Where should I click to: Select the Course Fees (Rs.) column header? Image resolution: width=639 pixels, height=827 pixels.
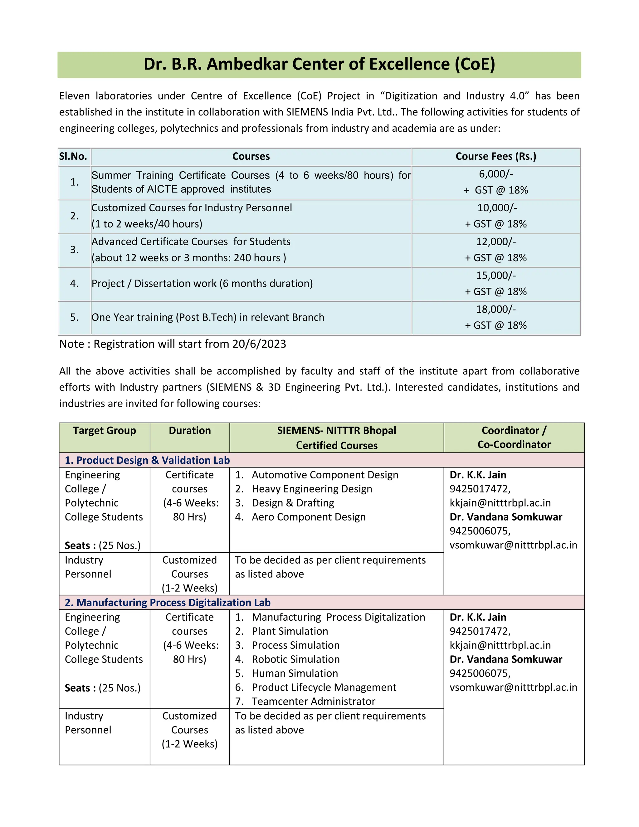pyautogui.click(x=495, y=156)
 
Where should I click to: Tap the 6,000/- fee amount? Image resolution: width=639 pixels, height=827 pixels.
pyautogui.click(x=495, y=174)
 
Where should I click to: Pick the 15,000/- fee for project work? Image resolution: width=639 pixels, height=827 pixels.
pyautogui.click(x=495, y=276)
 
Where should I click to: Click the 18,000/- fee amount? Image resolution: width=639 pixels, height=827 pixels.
pyautogui.click(x=495, y=309)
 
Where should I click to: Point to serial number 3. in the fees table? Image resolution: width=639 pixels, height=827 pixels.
pyautogui.click(x=74, y=250)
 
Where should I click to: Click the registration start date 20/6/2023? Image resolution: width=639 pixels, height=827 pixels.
pyautogui.click(x=259, y=344)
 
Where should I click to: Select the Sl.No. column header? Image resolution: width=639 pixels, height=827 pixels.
pyautogui.click(x=73, y=156)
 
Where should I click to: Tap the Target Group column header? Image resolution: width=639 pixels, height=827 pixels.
pyautogui.click(x=105, y=431)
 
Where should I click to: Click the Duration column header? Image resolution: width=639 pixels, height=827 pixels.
pyautogui.click(x=190, y=431)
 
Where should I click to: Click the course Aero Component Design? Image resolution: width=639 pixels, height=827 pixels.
pyautogui.click(x=309, y=517)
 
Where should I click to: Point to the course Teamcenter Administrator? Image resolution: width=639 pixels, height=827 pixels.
pyautogui.click(x=314, y=701)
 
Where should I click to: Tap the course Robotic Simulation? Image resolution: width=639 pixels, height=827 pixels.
pyautogui.click(x=296, y=659)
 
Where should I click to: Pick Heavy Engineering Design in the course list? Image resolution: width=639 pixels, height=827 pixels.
pyautogui.click(x=312, y=489)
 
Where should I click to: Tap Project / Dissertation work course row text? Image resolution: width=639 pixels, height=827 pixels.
pyautogui.click(x=202, y=284)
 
